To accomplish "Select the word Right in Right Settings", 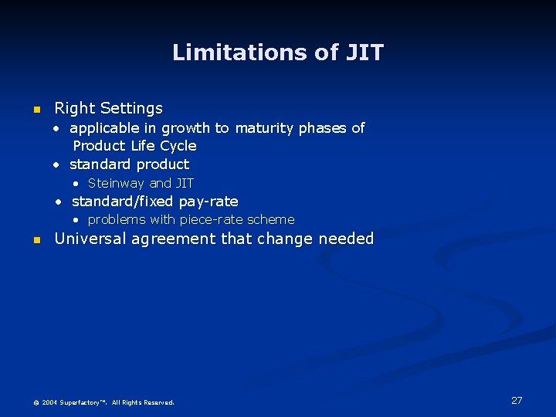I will pyautogui.click(x=73, y=108).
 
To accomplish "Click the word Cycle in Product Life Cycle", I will pyautogui.click(x=178, y=146).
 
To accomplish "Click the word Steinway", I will pyautogui.click(x=117, y=184).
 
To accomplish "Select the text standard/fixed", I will pyautogui.click(x=123, y=202).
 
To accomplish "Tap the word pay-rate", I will pyautogui.click(x=208, y=202).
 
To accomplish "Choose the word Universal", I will pyautogui.click(x=90, y=239).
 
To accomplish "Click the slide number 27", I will pyautogui.click(x=517, y=400).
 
